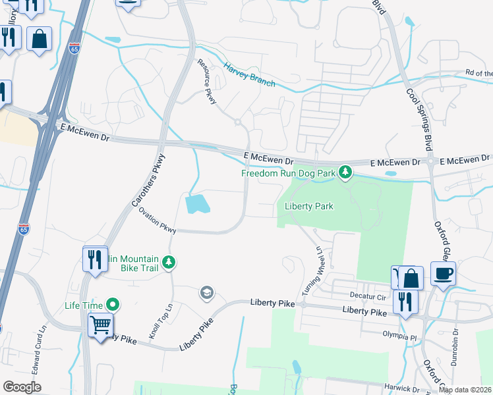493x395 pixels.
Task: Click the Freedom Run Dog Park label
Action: pyautogui.click(x=287, y=173)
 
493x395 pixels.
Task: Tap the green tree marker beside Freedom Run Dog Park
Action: pyautogui.click(x=345, y=173)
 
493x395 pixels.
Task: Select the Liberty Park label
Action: pyautogui.click(x=308, y=206)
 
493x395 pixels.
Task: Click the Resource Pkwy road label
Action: pyautogui.click(x=207, y=81)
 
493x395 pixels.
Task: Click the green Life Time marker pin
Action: pyautogui.click(x=113, y=305)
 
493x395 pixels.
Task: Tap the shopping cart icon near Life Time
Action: pyautogui.click(x=100, y=324)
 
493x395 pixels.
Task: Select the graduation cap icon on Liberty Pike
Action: pyautogui.click(x=207, y=292)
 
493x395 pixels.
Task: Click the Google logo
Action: pyautogui.click(x=22, y=387)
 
